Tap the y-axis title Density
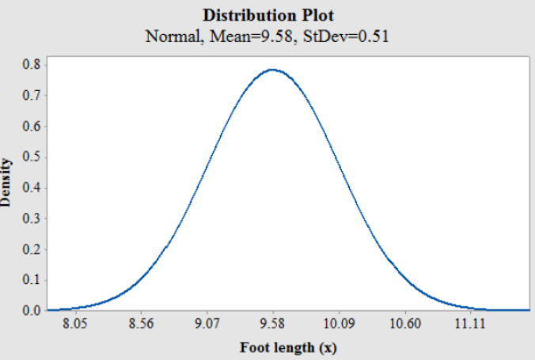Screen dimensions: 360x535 pos(8,183)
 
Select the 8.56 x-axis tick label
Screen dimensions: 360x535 pos(142,324)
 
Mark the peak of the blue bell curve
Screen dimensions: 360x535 pos(273,70)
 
